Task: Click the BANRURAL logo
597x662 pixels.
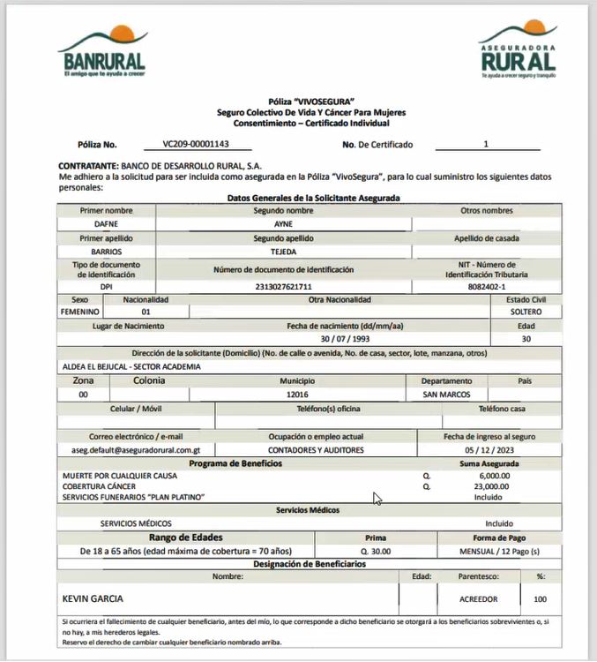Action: tap(102, 54)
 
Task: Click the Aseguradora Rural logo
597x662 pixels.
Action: tap(518, 50)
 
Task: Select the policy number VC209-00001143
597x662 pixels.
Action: tap(196, 144)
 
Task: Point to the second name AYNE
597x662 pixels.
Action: tap(283, 224)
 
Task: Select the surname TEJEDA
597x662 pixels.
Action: tap(283, 252)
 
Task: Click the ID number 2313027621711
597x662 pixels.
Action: tap(283, 287)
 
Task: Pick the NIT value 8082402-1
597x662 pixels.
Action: tap(487, 287)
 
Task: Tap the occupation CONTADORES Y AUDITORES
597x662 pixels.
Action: tap(316, 449)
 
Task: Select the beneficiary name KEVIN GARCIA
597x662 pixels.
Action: tap(93, 598)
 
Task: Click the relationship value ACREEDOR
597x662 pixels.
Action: tap(479, 598)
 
